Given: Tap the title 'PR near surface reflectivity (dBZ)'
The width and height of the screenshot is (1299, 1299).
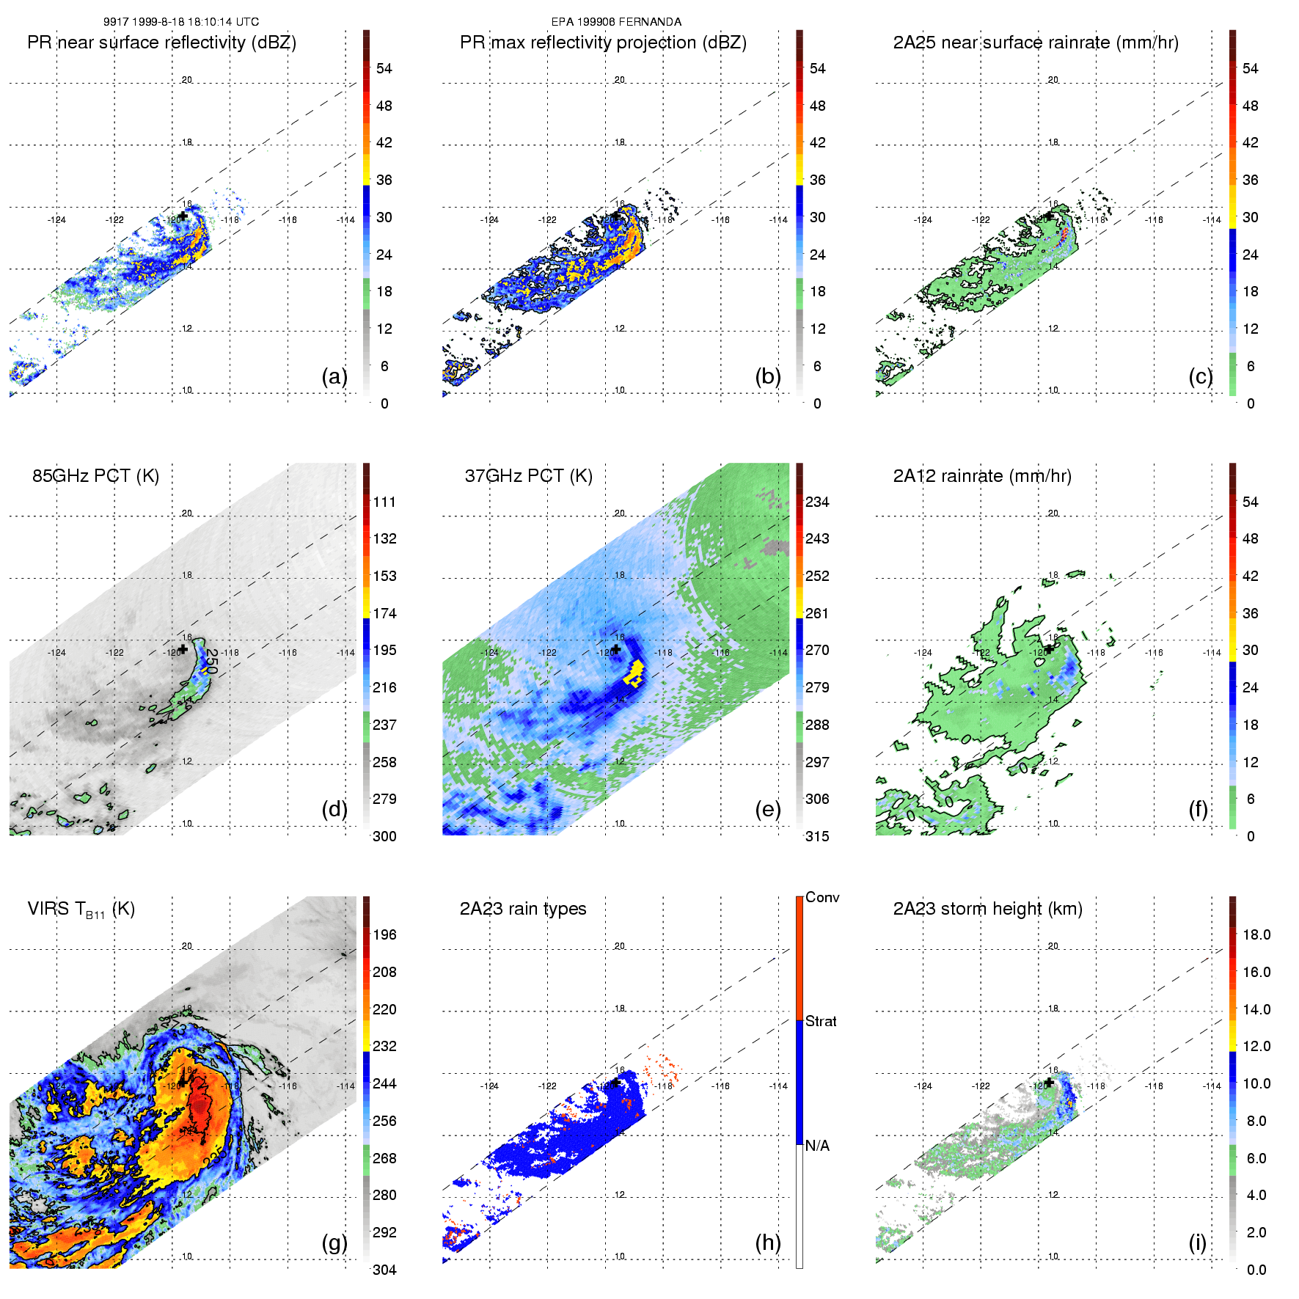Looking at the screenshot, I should pyautogui.click(x=161, y=43).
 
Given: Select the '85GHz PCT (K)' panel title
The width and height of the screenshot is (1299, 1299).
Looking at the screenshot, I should pyautogui.click(x=95, y=476).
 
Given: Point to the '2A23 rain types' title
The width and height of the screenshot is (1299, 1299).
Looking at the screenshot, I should pyautogui.click(x=522, y=909).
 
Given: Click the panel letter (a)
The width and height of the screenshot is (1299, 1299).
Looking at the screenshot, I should pyautogui.click(x=334, y=376).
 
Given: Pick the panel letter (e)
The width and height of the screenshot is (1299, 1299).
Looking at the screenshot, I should pyautogui.click(x=767, y=809).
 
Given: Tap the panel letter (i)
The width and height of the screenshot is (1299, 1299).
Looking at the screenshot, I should pyautogui.click(x=1198, y=1243).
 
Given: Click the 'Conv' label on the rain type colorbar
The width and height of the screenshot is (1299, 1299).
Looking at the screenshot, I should pyautogui.click(x=822, y=897).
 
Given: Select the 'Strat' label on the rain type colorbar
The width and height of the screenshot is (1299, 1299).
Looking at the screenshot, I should pyautogui.click(x=821, y=1021).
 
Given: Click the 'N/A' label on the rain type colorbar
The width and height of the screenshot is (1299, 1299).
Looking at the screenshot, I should pyautogui.click(x=817, y=1146).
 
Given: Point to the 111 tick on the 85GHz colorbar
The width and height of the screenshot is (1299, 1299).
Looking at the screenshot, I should pyautogui.click(x=384, y=502).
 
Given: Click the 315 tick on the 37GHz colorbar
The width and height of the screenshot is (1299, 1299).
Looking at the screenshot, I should pyautogui.click(x=817, y=836).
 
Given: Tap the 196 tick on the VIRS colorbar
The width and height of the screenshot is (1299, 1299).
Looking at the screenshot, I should pyautogui.click(x=384, y=934).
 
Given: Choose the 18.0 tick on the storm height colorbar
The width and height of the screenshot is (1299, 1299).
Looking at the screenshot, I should pyautogui.click(x=1256, y=934).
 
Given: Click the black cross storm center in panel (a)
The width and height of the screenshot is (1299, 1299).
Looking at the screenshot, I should pyautogui.click(x=183, y=216).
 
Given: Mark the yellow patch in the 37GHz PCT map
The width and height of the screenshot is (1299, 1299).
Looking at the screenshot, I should pyautogui.click(x=634, y=673).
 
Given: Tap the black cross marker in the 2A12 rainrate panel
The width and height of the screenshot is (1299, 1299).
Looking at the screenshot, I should pyautogui.click(x=1050, y=649).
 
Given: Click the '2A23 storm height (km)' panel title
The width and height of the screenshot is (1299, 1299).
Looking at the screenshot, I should pyautogui.click(x=987, y=909).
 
